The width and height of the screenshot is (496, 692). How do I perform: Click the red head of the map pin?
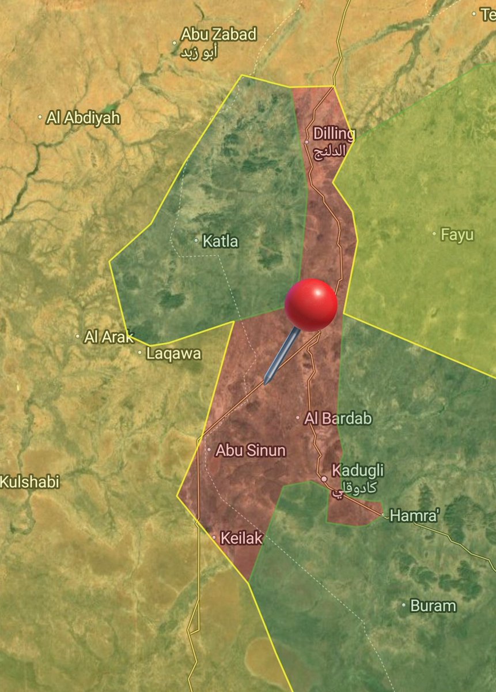[311, 304]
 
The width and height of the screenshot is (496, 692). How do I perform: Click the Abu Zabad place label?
[218, 35]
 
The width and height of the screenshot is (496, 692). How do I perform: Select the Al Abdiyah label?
[84, 118]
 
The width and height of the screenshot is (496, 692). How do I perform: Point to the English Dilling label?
[334, 134]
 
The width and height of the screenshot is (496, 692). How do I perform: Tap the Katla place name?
[220, 241]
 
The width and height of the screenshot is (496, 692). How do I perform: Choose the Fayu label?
[457, 235]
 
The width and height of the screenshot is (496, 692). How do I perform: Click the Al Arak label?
[109, 337]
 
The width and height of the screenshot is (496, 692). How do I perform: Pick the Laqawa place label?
[173, 353]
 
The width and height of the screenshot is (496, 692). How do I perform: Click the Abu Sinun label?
[250, 450]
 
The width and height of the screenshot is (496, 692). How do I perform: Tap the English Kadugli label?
[358, 470]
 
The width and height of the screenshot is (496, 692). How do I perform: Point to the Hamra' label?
[414, 516]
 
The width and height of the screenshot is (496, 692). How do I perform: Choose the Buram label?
[433, 606]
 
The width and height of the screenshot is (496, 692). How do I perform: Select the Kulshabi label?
[30, 482]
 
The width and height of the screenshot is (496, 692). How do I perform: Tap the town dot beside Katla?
[196, 240]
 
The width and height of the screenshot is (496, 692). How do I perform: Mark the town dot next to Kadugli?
[324, 479]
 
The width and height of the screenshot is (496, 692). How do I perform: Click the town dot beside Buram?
[404, 605]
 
